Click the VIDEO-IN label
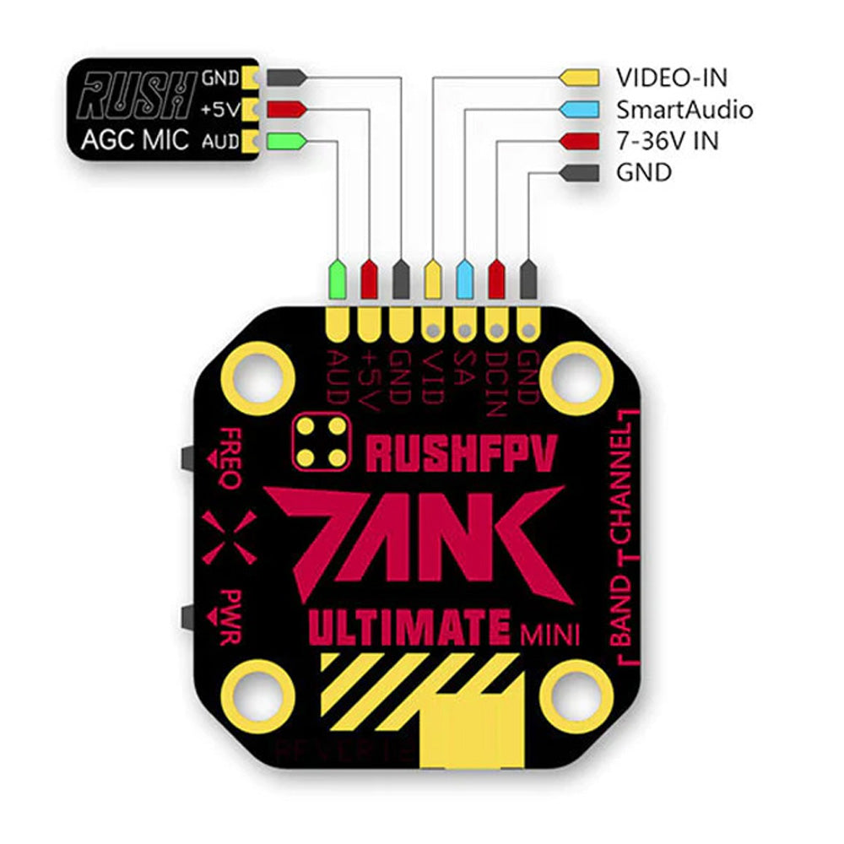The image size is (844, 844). tap(672, 77)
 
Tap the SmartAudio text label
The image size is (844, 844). tap(684, 109)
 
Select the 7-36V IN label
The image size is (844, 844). tap(667, 141)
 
